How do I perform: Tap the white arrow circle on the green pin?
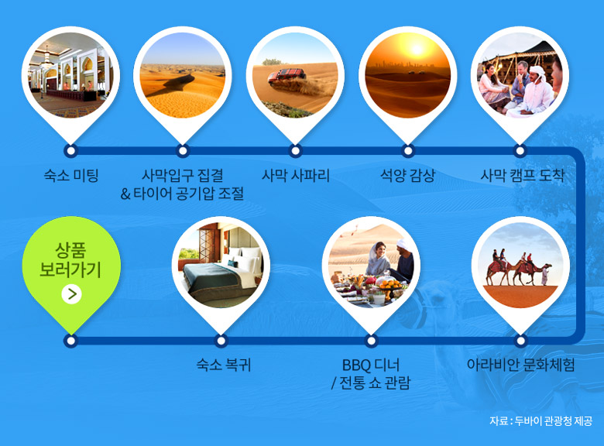(x=71, y=294)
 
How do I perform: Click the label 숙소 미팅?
(x=71, y=176)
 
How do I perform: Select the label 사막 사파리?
(x=296, y=176)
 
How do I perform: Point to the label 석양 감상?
(x=407, y=176)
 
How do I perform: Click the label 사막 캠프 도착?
(x=522, y=176)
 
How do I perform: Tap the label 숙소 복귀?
(x=224, y=365)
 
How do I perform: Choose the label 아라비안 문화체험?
(x=520, y=365)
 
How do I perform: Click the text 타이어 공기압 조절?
(x=188, y=194)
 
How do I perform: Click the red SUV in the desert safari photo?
(x=287, y=76)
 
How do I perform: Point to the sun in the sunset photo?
(x=417, y=50)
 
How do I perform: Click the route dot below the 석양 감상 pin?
(x=408, y=151)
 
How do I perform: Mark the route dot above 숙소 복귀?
(x=221, y=341)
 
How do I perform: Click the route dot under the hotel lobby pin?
(x=70, y=151)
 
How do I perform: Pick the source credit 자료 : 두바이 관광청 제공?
(x=541, y=420)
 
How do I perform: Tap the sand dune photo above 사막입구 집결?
(x=183, y=75)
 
